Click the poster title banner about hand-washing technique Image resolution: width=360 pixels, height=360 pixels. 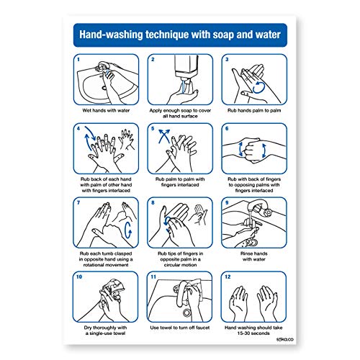click(179, 34)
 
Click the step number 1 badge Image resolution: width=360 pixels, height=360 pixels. click(79, 61)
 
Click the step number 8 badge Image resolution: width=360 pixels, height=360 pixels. click(152, 204)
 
